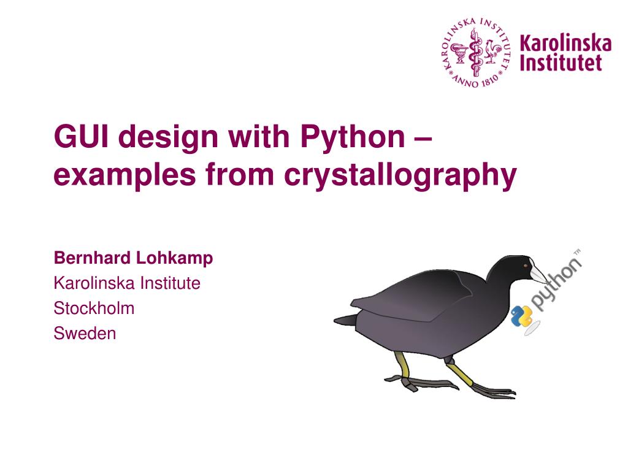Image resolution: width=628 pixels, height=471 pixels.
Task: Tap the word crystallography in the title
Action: point(400,175)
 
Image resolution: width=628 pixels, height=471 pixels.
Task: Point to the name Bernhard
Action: point(93,258)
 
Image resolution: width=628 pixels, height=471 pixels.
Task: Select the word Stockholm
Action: point(94,308)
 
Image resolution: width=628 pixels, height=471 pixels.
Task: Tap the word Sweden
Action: point(85,333)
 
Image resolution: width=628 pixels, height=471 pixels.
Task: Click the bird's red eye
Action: point(526,265)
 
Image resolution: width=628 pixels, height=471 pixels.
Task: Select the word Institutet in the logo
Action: point(561,63)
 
